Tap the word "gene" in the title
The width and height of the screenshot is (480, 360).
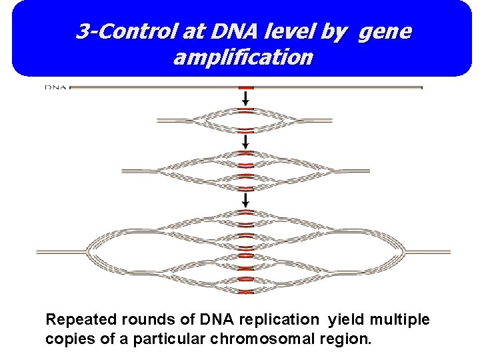pos(385,31)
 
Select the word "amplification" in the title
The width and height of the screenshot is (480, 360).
pos(243,58)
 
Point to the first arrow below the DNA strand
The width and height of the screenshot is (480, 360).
pos(247,98)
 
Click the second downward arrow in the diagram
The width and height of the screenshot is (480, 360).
pos(247,141)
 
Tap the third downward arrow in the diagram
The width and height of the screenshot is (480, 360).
pos(247,199)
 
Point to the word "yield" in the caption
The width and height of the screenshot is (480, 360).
pos(345,320)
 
